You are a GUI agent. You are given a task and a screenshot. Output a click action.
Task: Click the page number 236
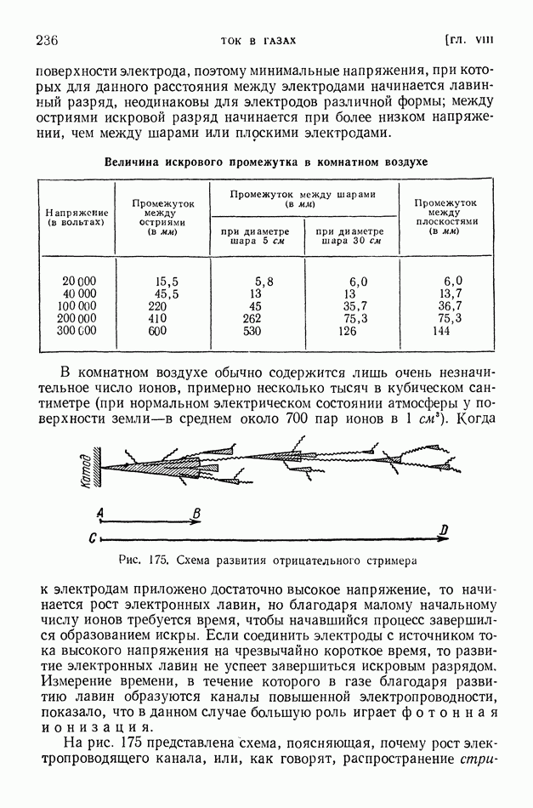47,40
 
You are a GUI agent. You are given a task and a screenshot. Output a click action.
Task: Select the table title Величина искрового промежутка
265,162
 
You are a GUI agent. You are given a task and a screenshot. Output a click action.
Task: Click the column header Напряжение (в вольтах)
77,216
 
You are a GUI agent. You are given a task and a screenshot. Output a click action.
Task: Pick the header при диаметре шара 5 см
254,235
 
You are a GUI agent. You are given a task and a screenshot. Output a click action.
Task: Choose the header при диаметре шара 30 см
349,235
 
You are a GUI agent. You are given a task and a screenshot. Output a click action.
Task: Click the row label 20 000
79,281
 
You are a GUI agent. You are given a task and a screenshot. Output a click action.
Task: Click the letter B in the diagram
196,513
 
